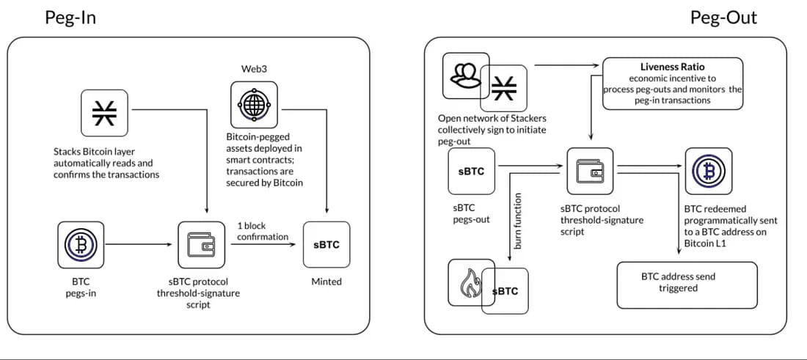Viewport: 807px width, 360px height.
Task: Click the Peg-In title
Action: point(71,18)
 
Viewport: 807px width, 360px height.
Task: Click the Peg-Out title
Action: point(723,18)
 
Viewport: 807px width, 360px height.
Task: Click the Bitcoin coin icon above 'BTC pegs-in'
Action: point(81,245)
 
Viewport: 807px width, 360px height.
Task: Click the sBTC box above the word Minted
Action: point(326,245)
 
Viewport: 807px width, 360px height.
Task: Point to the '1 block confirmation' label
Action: point(263,231)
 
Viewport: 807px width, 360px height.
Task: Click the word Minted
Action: point(326,282)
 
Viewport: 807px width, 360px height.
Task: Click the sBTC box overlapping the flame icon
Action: point(505,291)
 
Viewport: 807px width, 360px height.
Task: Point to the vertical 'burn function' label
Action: point(517,221)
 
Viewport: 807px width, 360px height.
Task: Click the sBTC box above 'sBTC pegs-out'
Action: point(471,172)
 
